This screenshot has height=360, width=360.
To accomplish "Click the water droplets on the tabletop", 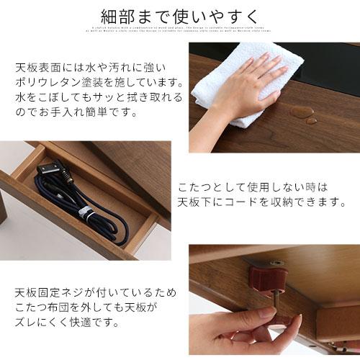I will (303, 113).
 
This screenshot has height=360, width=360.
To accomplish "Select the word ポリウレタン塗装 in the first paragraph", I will (68, 82).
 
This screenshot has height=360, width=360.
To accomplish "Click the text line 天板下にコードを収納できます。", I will (264, 202).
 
